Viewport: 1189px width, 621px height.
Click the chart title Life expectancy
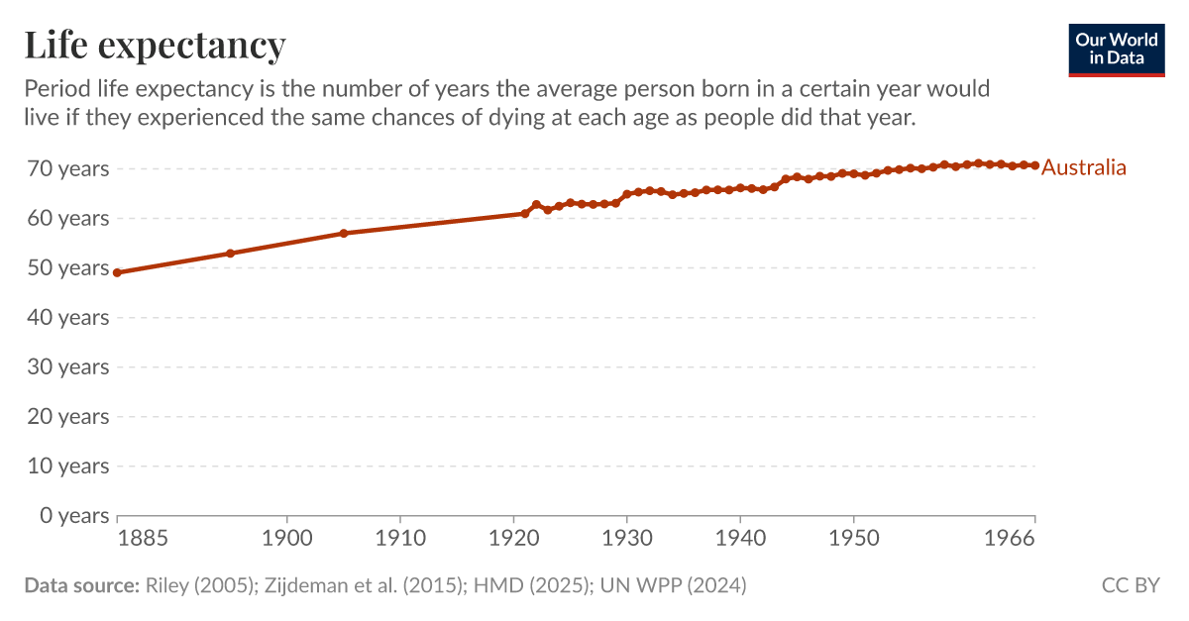(x=155, y=46)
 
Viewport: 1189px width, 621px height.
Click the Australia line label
(x=1084, y=167)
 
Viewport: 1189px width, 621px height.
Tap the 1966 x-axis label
(x=1011, y=539)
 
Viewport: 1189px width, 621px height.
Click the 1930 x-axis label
(x=626, y=539)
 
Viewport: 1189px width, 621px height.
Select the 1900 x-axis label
(x=287, y=539)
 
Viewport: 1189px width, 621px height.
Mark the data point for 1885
(x=117, y=272)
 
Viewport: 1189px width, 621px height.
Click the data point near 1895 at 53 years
(x=231, y=253)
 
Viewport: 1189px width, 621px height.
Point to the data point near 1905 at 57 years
(x=344, y=233)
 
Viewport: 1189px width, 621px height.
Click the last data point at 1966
(x=1035, y=165)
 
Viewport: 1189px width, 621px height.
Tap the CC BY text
(x=1131, y=585)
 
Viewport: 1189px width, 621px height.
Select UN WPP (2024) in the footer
(x=670, y=585)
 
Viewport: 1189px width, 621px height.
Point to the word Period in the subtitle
(x=57, y=89)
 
